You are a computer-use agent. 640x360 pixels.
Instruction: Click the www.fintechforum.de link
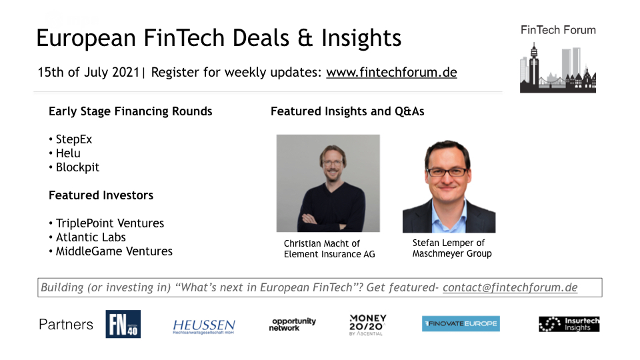pyautogui.click(x=391, y=72)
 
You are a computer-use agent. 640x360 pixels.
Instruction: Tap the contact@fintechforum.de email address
pyautogui.click(x=510, y=288)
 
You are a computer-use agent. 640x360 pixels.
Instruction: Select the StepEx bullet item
pyautogui.click(x=74, y=139)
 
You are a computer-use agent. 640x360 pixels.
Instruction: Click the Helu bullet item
pyautogui.click(x=68, y=153)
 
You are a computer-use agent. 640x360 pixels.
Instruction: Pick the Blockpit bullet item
pyautogui.click(x=77, y=167)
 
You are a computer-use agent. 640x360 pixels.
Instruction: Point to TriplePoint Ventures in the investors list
pyautogui.click(x=110, y=223)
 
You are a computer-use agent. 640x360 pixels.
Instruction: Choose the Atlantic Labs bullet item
pyautogui.click(x=91, y=237)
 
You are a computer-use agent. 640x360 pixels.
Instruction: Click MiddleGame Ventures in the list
pyautogui.click(x=114, y=251)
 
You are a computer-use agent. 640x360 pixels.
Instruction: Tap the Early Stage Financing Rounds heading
pyautogui.click(x=130, y=111)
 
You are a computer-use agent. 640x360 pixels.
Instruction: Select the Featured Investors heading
pyautogui.click(x=101, y=195)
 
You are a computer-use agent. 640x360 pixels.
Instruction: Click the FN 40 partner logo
pyautogui.click(x=123, y=324)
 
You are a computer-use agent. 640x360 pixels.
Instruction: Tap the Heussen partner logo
pyautogui.click(x=204, y=327)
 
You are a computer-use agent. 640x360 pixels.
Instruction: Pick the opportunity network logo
pyautogui.click(x=292, y=325)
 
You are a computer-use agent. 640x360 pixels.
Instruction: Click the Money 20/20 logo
pyautogui.click(x=368, y=325)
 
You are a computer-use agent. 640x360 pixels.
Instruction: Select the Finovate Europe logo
pyautogui.click(x=461, y=324)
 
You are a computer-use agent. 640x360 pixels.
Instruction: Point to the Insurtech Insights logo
pyautogui.click(x=569, y=324)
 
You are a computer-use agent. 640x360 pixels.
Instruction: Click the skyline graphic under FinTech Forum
pyautogui.click(x=558, y=68)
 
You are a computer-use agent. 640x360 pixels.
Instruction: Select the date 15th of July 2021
pyautogui.click(x=89, y=72)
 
